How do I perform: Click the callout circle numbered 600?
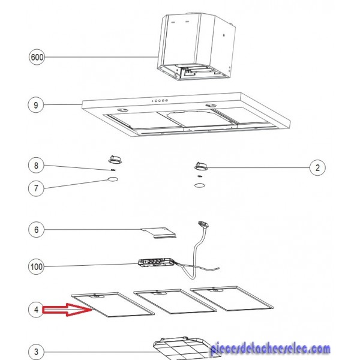(37, 57)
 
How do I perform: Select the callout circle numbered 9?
(36, 105)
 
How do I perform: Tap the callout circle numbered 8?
(36, 166)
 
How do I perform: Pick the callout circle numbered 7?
(36, 188)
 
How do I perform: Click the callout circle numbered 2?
(317, 167)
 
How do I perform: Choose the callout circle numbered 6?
(36, 230)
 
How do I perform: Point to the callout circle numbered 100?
(36, 266)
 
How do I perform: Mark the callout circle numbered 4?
(36, 310)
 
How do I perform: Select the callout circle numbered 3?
(36, 352)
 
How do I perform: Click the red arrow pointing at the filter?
(67, 310)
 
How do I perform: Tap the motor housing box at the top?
(196, 46)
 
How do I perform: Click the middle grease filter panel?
(175, 301)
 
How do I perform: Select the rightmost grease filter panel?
(232, 298)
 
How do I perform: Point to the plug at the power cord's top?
(203, 224)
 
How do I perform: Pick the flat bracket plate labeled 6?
(158, 233)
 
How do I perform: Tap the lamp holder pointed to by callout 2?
(201, 166)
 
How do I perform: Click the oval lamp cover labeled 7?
(113, 179)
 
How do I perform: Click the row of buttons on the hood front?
(160, 101)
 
